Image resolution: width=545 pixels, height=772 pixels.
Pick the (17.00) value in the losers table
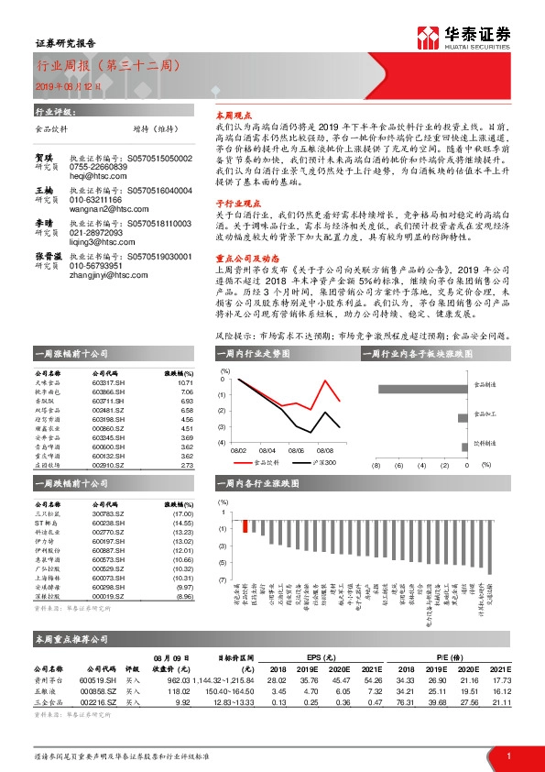click(184, 513)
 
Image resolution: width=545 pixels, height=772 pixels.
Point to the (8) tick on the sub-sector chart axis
click(375, 465)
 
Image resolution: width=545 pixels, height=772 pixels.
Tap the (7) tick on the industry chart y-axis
click(223, 580)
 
